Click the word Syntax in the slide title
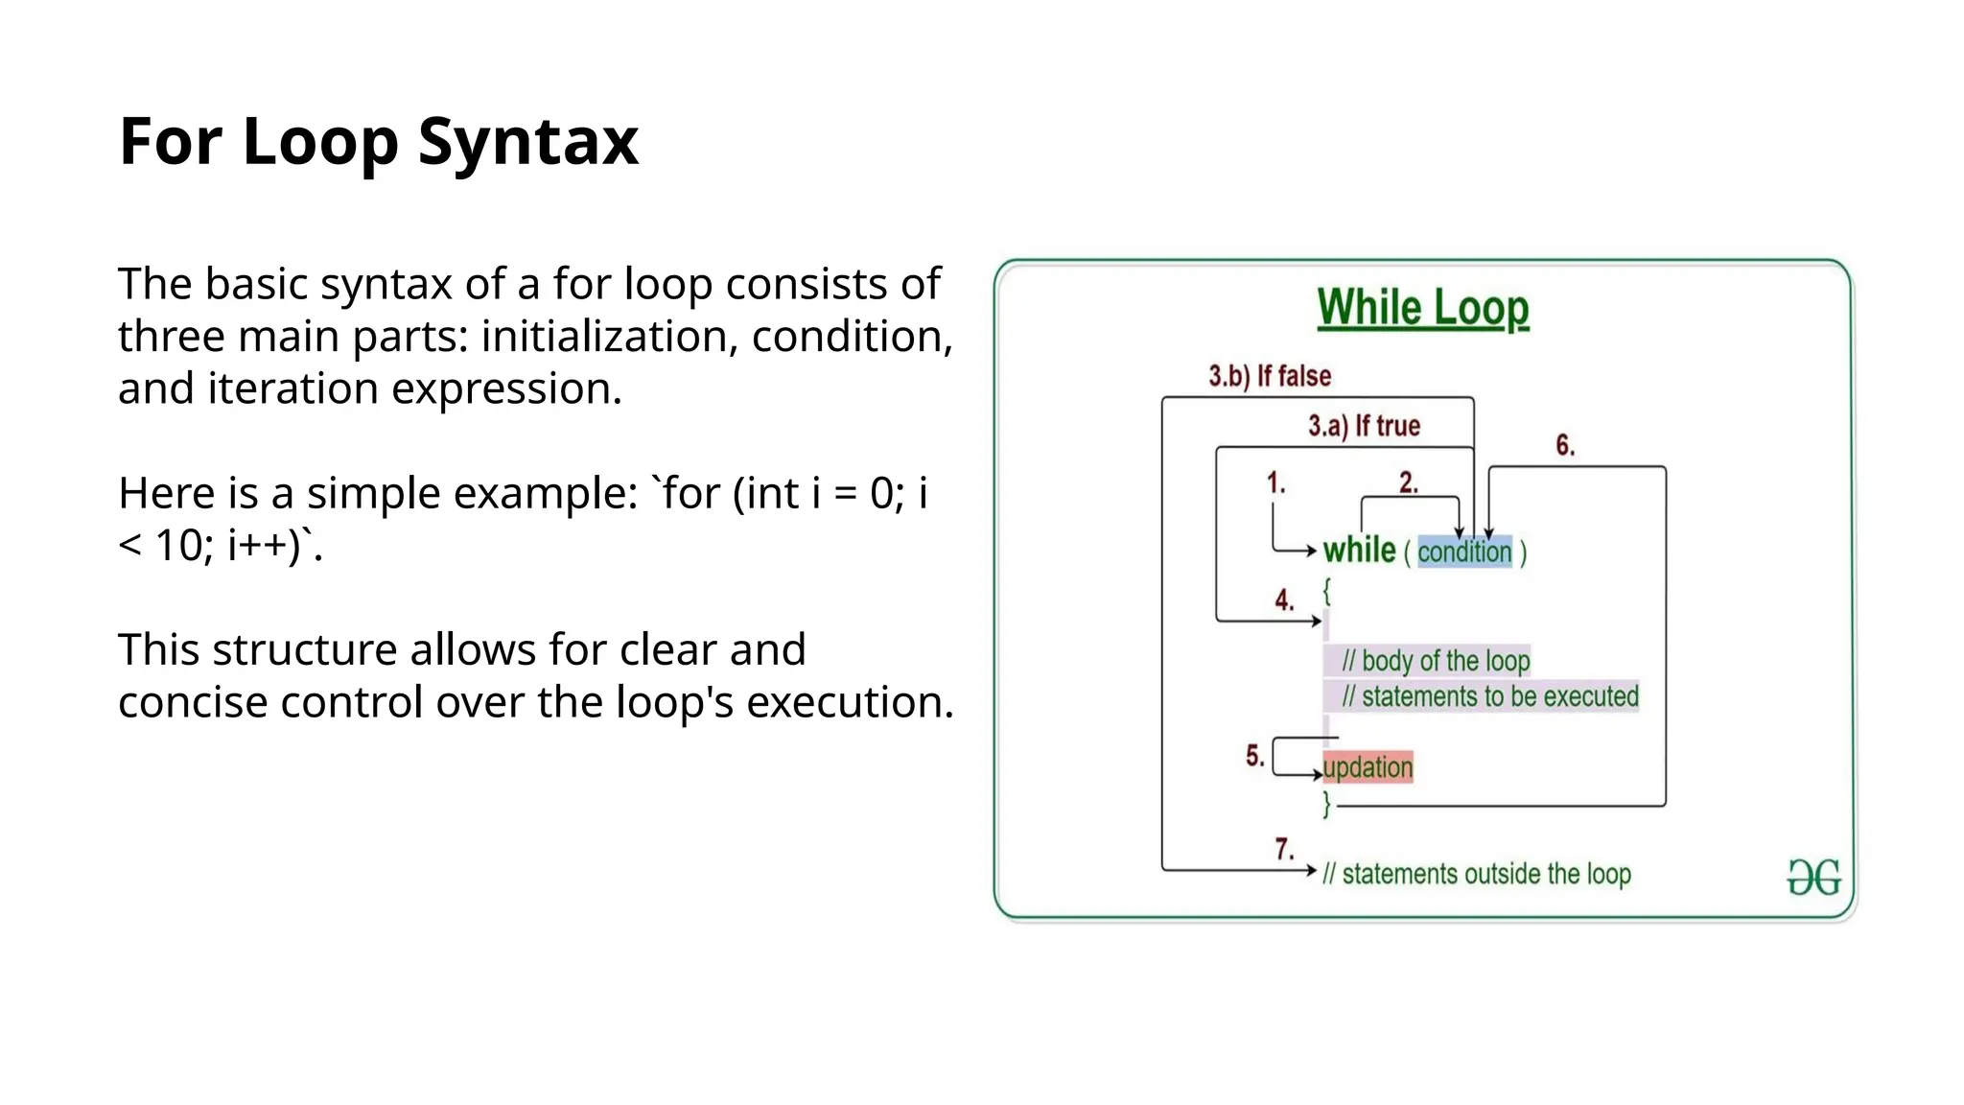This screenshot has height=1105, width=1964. (527, 142)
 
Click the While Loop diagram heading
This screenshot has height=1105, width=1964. (1422, 308)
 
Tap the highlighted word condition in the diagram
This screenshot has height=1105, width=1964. (1464, 552)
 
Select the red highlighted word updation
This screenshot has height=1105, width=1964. (1368, 767)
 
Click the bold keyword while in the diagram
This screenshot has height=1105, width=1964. (1359, 551)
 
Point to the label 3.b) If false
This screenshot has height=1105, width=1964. (1270, 376)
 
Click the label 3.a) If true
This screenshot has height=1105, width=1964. (1364, 426)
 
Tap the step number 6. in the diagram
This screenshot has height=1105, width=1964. (1565, 445)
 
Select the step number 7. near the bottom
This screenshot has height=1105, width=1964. (1284, 849)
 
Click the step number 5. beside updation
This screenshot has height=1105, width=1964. (1255, 756)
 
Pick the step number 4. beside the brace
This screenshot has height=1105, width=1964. (1284, 600)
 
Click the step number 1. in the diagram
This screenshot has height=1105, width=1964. (1275, 482)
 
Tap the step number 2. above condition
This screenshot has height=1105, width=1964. (1408, 482)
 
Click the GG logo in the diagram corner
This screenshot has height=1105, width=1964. (1813, 877)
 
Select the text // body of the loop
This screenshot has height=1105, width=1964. (1436, 661)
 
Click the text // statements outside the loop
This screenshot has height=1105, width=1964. (1477, 874)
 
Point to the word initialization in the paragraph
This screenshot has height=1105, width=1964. (610, 337)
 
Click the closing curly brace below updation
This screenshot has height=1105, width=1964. (1327, 804)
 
